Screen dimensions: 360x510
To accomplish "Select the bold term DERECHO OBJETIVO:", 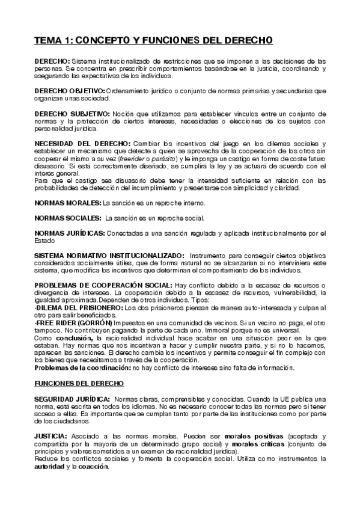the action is click(69, 91).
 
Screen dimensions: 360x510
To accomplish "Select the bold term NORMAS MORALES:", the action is click(68, 204).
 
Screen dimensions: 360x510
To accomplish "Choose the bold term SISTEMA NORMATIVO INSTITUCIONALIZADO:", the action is click(109, 256).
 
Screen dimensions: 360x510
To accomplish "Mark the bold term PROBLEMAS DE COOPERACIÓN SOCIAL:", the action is click(103, 285).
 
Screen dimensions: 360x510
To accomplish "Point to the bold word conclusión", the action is click(73, 338).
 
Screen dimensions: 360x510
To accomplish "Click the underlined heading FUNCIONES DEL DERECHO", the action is click(79, 383).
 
